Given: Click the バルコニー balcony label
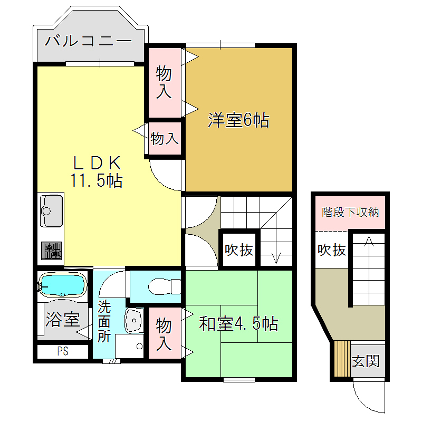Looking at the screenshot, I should (88, 41).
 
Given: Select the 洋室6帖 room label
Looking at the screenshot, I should (238, 121).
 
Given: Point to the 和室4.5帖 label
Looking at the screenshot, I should (238, 323).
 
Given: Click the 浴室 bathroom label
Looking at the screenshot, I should (62, 319).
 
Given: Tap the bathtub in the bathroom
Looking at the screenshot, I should (63, 285).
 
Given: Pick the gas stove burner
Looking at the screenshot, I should (52, 251).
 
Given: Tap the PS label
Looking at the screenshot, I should (62, 351).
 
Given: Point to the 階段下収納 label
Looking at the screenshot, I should (350, 213).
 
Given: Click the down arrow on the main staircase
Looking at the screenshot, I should (275, 257).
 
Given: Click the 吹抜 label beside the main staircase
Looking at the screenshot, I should (239, 250).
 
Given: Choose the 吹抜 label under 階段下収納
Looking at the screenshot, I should (331, 250).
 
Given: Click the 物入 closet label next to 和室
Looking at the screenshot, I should (164, 334).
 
